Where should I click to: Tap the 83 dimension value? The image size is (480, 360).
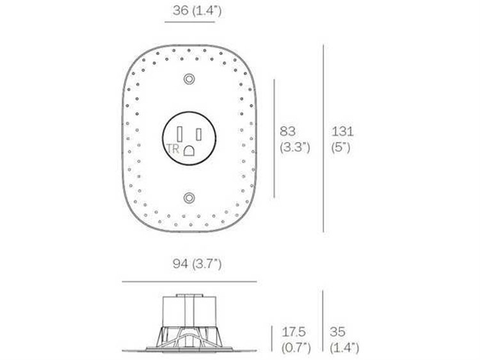(x=289, y=131)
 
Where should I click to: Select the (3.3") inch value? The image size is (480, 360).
(x=295, y=147)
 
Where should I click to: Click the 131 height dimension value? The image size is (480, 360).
(x=342, y=131)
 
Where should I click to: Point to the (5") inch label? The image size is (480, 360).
(x=342, y=147)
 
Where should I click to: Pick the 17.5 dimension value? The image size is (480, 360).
(x=294, y=333)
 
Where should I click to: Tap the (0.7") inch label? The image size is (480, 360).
(x=296, y=348)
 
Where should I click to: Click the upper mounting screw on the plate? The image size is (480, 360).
(x=189, y=79)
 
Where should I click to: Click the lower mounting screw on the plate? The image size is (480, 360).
(x=189, y=198)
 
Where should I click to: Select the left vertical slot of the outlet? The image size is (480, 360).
(x=180, y=134)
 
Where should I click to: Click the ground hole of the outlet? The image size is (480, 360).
(x=189, y=150)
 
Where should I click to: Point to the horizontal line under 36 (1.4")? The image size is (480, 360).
(x=189, y=22)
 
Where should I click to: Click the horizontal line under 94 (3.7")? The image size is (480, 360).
(x=189, y=281)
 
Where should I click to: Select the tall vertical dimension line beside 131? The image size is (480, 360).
(x=323, y=138)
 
